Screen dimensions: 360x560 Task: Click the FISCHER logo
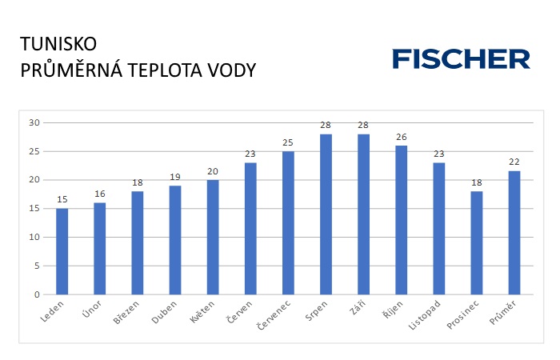pyautogui.click(x=461, y=58)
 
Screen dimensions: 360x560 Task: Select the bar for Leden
pyautogui.click(x=62, y=251)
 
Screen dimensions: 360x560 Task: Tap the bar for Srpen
pyautogui.click(x=326, y=214)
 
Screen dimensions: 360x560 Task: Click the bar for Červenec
pyautogui.click(x=288, y=222)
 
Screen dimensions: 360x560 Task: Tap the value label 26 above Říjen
pyautogui.click(x=401, y=137)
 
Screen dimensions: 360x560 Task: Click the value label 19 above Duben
pyautogui.click(x=174, y=177)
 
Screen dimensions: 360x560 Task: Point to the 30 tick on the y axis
pyautogui.click(x=34, y=122)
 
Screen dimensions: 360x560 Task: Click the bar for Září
pyautogui.click(x=363, y=214)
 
